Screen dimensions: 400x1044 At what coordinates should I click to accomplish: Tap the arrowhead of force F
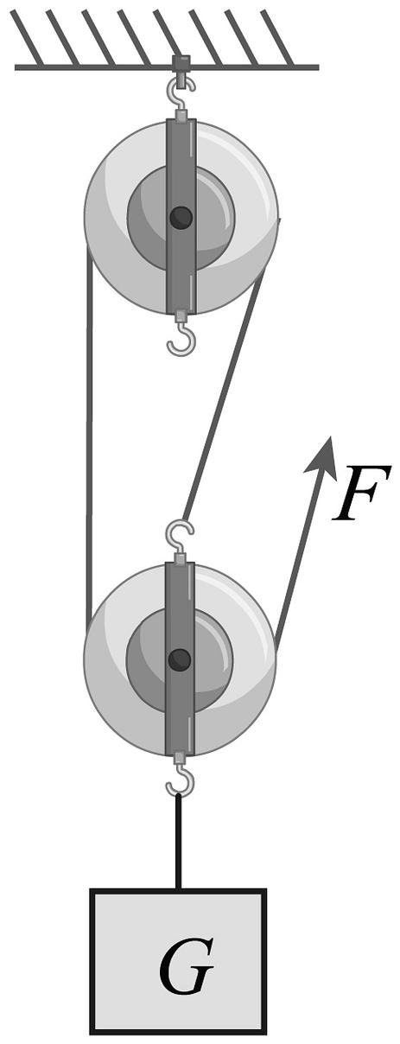click(322, 458)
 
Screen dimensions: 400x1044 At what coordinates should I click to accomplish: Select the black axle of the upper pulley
click(181, 217)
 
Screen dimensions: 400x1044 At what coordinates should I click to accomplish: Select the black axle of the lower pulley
click(180, 659)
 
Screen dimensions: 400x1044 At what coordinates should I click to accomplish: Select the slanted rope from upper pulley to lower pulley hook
click(225, 395)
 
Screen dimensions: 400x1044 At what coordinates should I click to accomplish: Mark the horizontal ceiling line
click(167, 67)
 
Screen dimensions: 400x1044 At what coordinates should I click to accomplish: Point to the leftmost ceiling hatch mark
click(27, 37)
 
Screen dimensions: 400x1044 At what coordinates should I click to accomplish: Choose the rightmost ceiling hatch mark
click(277, 37)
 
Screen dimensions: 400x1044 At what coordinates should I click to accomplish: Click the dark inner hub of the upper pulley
click(181, 217)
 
